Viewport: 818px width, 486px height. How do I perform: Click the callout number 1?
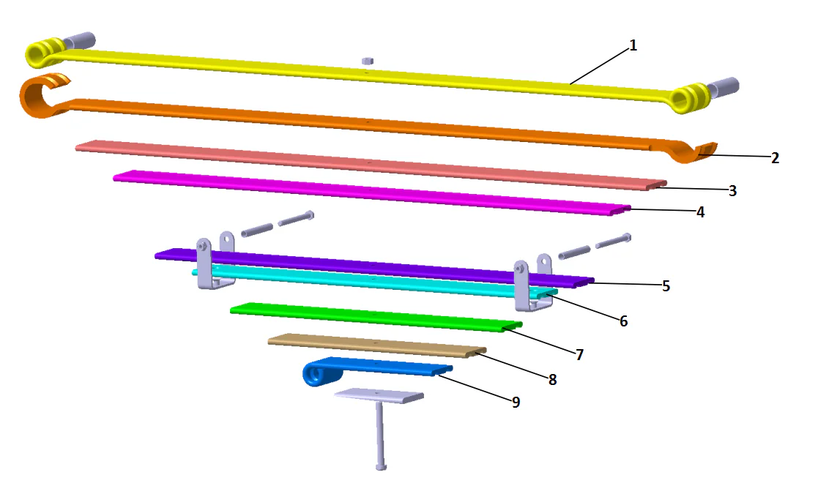coord(633,45)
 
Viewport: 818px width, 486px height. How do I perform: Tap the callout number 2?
coord(775,157)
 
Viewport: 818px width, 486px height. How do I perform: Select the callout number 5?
coord(666,286)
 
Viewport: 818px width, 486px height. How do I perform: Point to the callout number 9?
coord(516,402)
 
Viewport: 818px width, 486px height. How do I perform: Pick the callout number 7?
coord(579,355)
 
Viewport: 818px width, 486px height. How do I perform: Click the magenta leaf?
coord(366,191)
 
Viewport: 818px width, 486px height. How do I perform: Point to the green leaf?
coord(373,316)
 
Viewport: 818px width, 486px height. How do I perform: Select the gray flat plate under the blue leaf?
coord(379,396)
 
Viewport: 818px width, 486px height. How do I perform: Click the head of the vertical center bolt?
coord(380,466)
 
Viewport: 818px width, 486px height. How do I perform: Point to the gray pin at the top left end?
coord(81,39)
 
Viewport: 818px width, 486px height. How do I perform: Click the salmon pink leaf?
coord(366,162)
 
